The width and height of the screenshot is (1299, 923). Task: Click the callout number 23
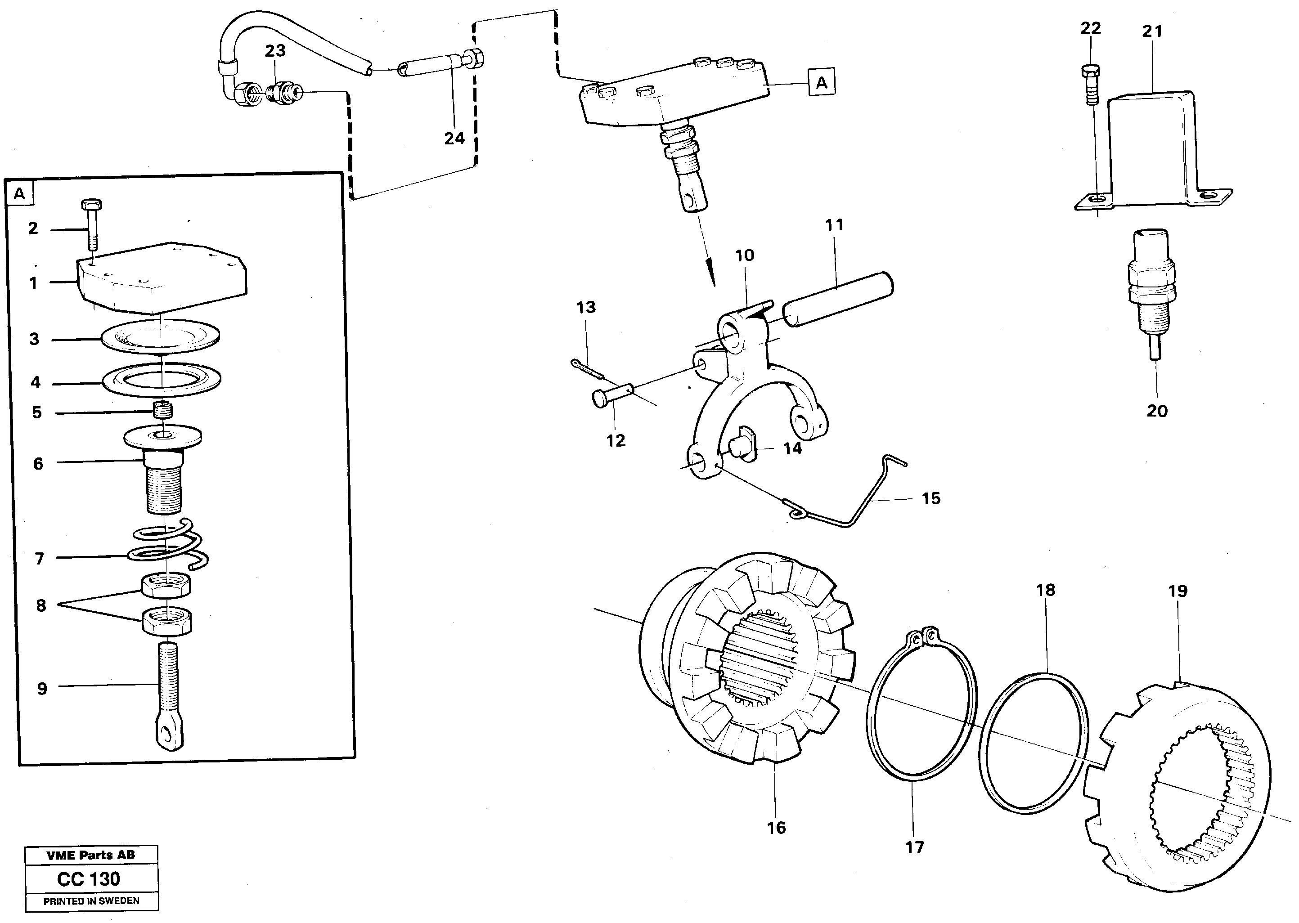(275, 50)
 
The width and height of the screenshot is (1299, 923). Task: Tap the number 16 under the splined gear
(776, 828)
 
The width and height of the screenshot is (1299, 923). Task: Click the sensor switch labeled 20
(1151, 284)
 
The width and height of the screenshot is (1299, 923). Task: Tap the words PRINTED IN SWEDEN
(91, 901)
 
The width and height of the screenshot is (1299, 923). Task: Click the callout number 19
(1178, 591)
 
